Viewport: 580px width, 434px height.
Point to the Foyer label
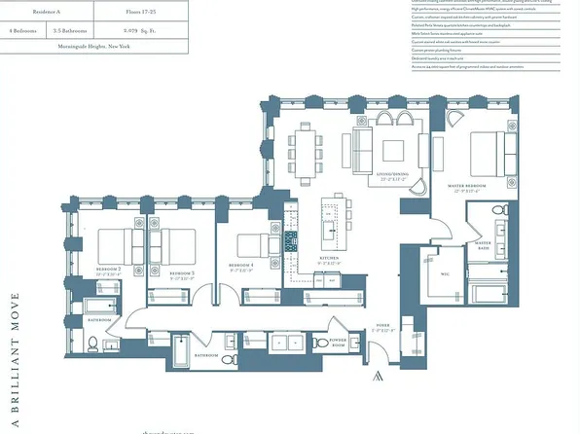tap(381, 329)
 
